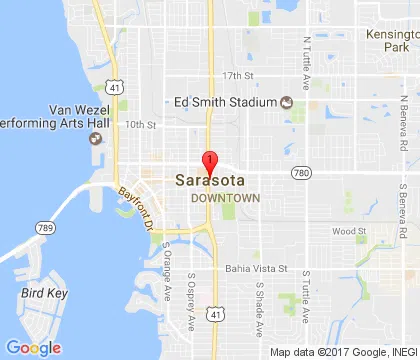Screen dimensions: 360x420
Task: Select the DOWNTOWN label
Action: (x=226, y=198)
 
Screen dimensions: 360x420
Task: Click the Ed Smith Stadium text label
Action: (x=225, y=101)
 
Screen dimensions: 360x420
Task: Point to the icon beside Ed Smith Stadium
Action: (x=286, y=101)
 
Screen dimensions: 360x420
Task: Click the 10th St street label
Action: (x=141, y=125)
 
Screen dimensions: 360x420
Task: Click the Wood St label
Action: (x=349, y=231)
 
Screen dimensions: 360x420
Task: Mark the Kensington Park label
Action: (x=392, y=39)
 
